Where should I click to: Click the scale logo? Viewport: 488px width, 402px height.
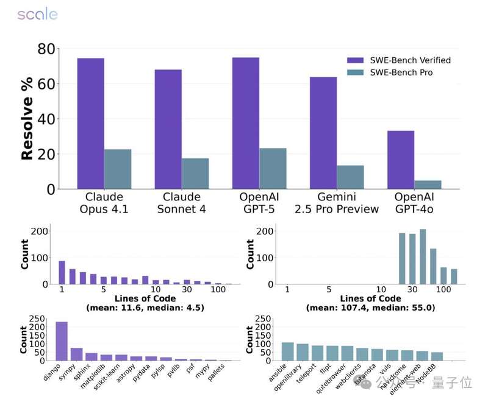pos(37,14)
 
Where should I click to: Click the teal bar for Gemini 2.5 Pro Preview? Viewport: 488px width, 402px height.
pos(350,177)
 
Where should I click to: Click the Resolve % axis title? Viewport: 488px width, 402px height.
pos(27,119)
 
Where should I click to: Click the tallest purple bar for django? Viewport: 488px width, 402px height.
pos(62,341)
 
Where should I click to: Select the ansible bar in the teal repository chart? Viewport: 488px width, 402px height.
pos(288,351)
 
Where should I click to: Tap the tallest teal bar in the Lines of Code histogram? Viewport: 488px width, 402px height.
pos(423,256)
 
